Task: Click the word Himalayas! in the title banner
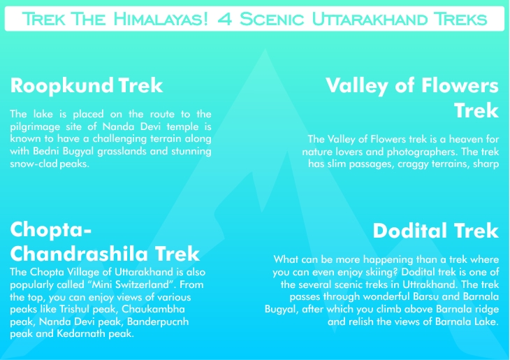pos(161,19)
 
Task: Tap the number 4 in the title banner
pos(225,19)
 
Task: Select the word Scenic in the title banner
pos(272,19)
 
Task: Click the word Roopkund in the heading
pos(61,86)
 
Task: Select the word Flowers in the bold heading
pos(460,85)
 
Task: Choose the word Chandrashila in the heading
pos(80,254)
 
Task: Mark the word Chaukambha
pos(153,309)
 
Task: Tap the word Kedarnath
pos(81,333)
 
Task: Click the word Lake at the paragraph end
pos(487,322)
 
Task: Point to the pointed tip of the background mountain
pos(265,49)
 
